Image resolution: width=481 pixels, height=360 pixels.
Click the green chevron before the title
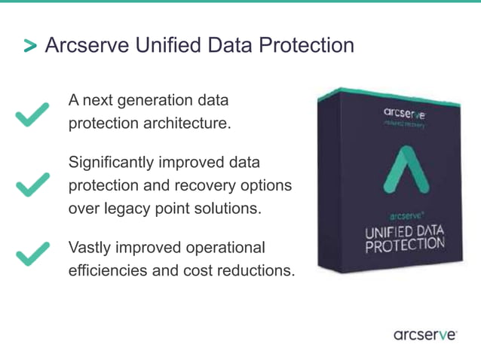coord(29,47)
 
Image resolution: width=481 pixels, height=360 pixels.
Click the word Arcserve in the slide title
coord(87,45)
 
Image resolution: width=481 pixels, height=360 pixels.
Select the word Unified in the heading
coord(167,45)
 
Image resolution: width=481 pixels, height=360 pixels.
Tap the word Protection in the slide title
coord(306,45)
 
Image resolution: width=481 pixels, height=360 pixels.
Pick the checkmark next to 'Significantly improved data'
coord(32,184)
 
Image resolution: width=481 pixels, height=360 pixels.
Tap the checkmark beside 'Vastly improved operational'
coord(32,254)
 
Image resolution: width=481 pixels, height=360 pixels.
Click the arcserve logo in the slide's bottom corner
coord(424,334)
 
